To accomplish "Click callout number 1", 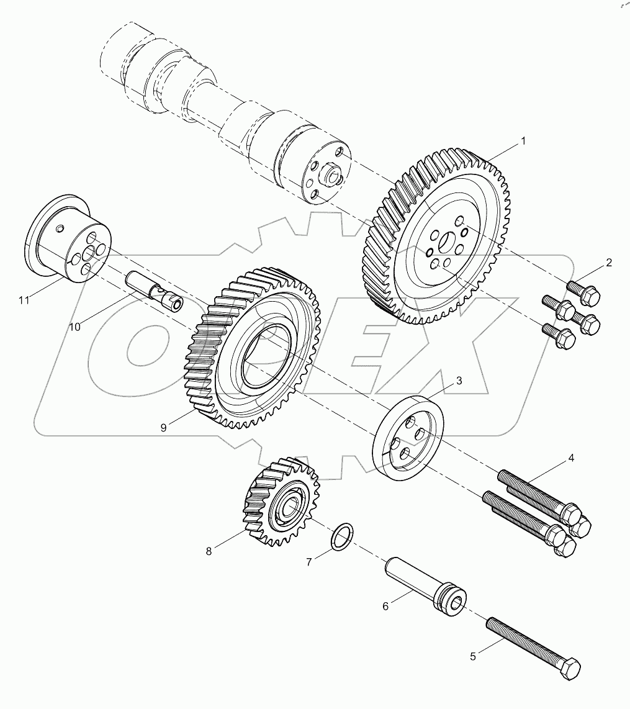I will (x=523, y=142).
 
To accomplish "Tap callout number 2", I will (x=609, y=263).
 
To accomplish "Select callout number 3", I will (x=459, y=381).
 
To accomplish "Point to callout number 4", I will (x=570, y=459).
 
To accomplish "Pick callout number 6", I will (x=385, y=606).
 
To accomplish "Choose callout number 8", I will (x=209, y=550).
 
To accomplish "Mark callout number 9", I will (x=163, y=427).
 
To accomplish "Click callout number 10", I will (x=75, y=327).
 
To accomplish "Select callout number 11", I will (x=24, y=300).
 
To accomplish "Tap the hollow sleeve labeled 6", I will (x=422, y=584).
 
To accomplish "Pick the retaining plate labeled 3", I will (x=409, y=438).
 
